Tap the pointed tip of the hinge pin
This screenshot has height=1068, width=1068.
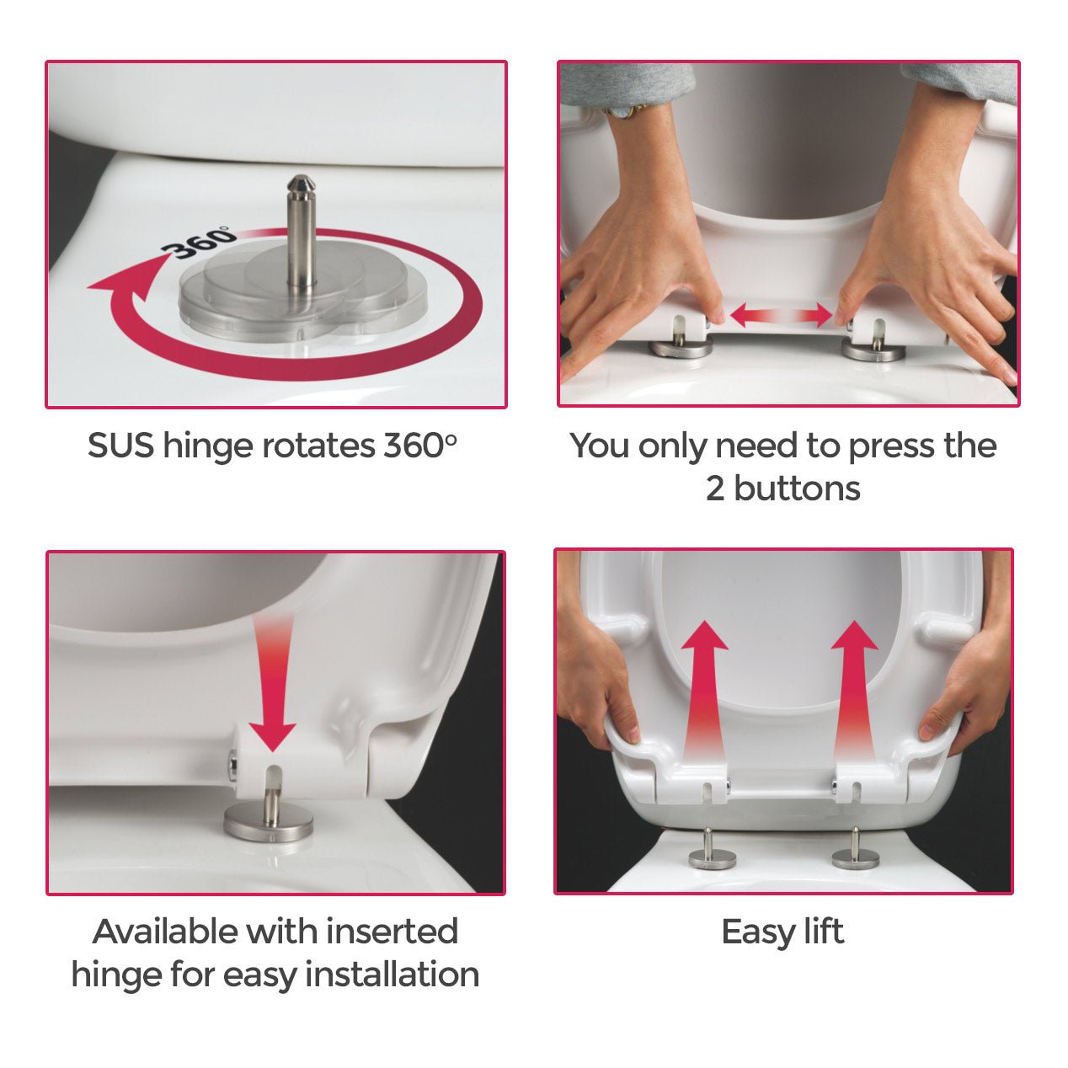[301, 178]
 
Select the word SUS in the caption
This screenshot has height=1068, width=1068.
[120, 446]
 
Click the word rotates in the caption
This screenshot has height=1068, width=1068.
[318, 446]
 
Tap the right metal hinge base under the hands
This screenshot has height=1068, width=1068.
[873, 350]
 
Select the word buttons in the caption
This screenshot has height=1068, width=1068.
[797, 489]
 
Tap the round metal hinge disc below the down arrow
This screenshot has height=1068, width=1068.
[268, 824]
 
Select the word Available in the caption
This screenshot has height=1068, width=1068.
[165, 932]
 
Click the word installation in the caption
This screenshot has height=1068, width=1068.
[392, 975]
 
